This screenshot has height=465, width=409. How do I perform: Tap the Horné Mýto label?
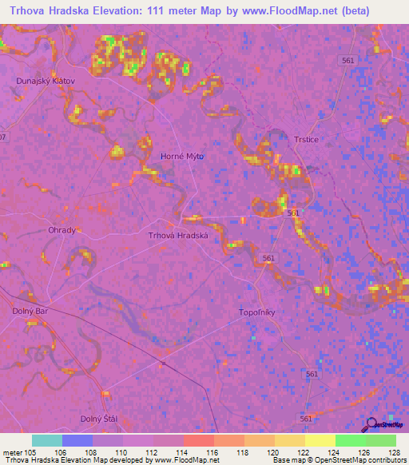[x=182, y=157]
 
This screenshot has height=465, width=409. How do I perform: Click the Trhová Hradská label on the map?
[x=178, y=236]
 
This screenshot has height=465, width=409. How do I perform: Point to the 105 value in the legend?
[x=31, y=453]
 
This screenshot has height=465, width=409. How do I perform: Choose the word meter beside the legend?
[x=14, y=453]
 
